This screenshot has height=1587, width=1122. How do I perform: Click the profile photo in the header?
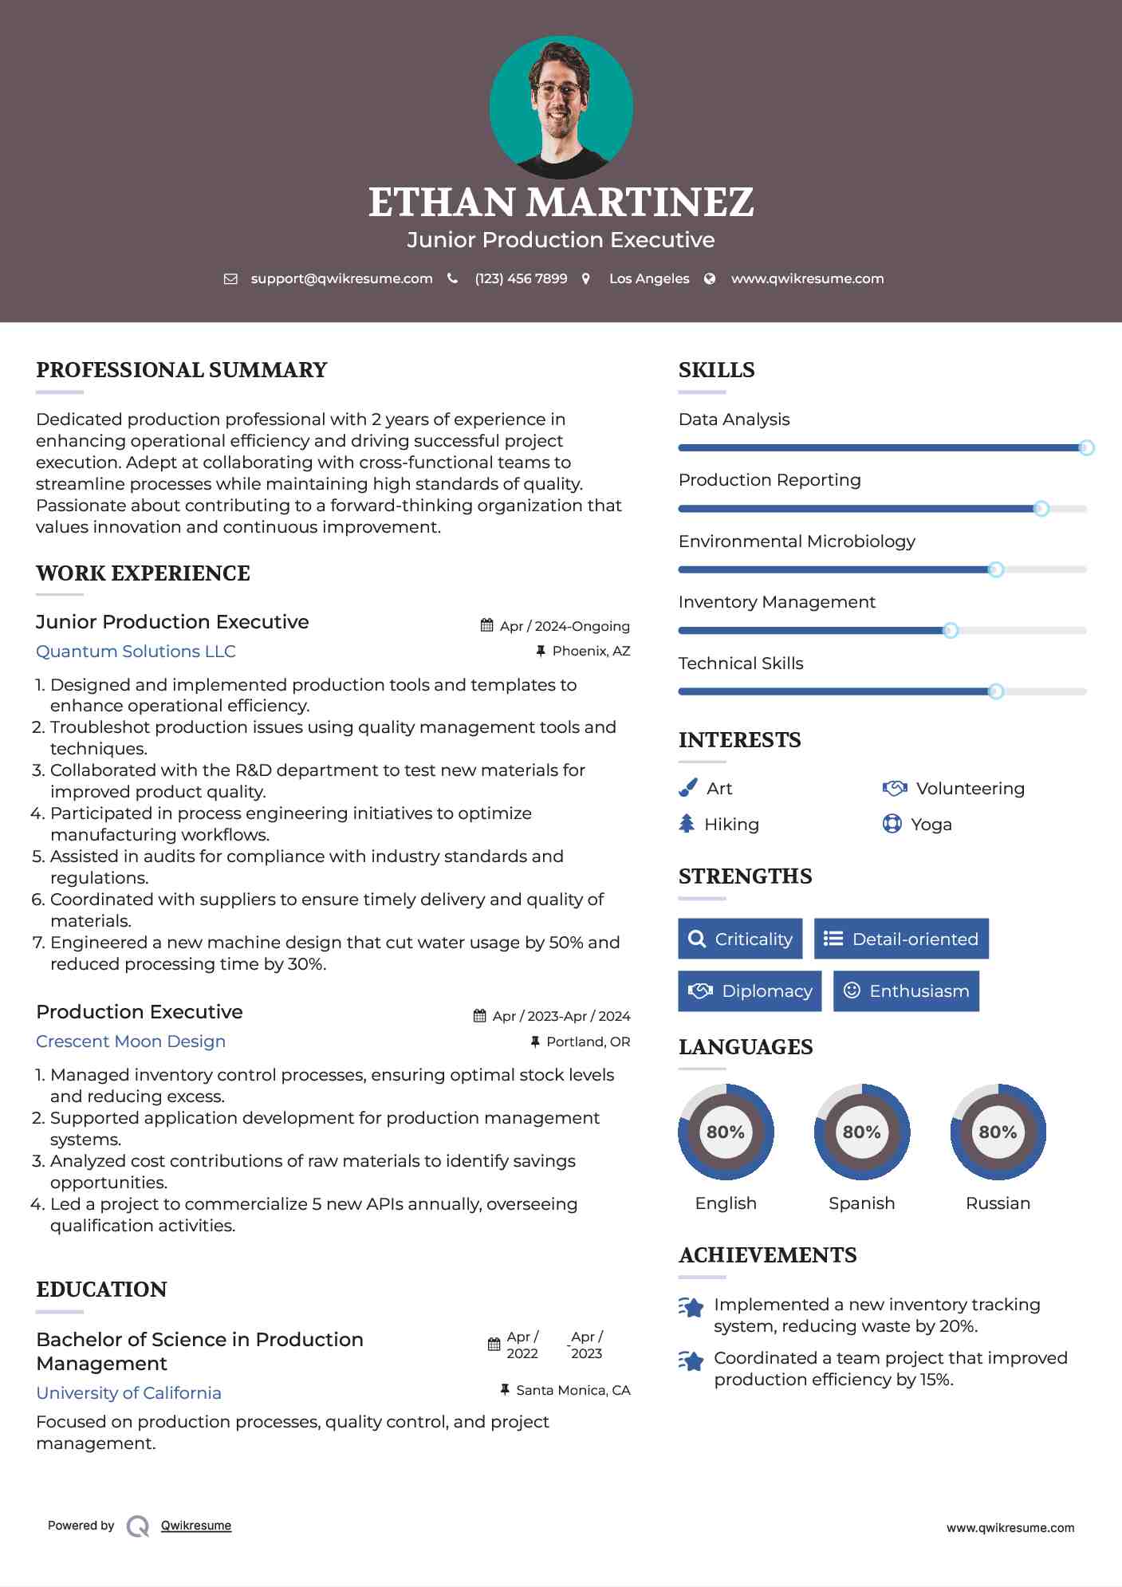click(x=561, y=107)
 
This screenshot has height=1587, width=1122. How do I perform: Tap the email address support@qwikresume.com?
click(x=341, y=278)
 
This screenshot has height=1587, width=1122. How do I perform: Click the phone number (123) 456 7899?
click(x=521, y=278)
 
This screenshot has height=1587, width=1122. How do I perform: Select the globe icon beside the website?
click(x=710, y=278)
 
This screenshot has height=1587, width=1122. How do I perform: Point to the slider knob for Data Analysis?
click(x=1086, y=448)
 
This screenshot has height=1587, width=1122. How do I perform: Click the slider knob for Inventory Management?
click(x=951, y=631)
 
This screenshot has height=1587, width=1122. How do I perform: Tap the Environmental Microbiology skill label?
click(x=797, y=541)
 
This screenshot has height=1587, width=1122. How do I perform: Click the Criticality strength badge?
click(x=740, y=939)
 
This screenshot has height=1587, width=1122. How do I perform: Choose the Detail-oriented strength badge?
click(x=901, y=939)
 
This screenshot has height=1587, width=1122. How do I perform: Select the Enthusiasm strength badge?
click(x=906, y=990)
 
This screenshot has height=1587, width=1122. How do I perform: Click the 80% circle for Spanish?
click(x=862, y=1132)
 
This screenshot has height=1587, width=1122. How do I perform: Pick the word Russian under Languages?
click(x=998, y=1203)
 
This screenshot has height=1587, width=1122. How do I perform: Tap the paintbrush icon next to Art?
click(x=687, y=788)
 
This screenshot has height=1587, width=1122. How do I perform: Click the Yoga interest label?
click(x=931, y=825)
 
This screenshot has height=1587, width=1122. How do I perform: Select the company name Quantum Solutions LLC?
click(x=136, y=652)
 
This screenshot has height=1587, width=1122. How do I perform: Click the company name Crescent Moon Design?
click(x=131, y=1042)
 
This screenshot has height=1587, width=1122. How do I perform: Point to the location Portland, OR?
click(x=588, y=1042)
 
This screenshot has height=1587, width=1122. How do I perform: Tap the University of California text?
click(x=128, y=1393)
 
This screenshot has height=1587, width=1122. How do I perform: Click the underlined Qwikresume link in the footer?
click(x=196, y=1526)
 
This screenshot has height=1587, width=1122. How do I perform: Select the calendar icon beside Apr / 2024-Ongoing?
click(x=486, y=626)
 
